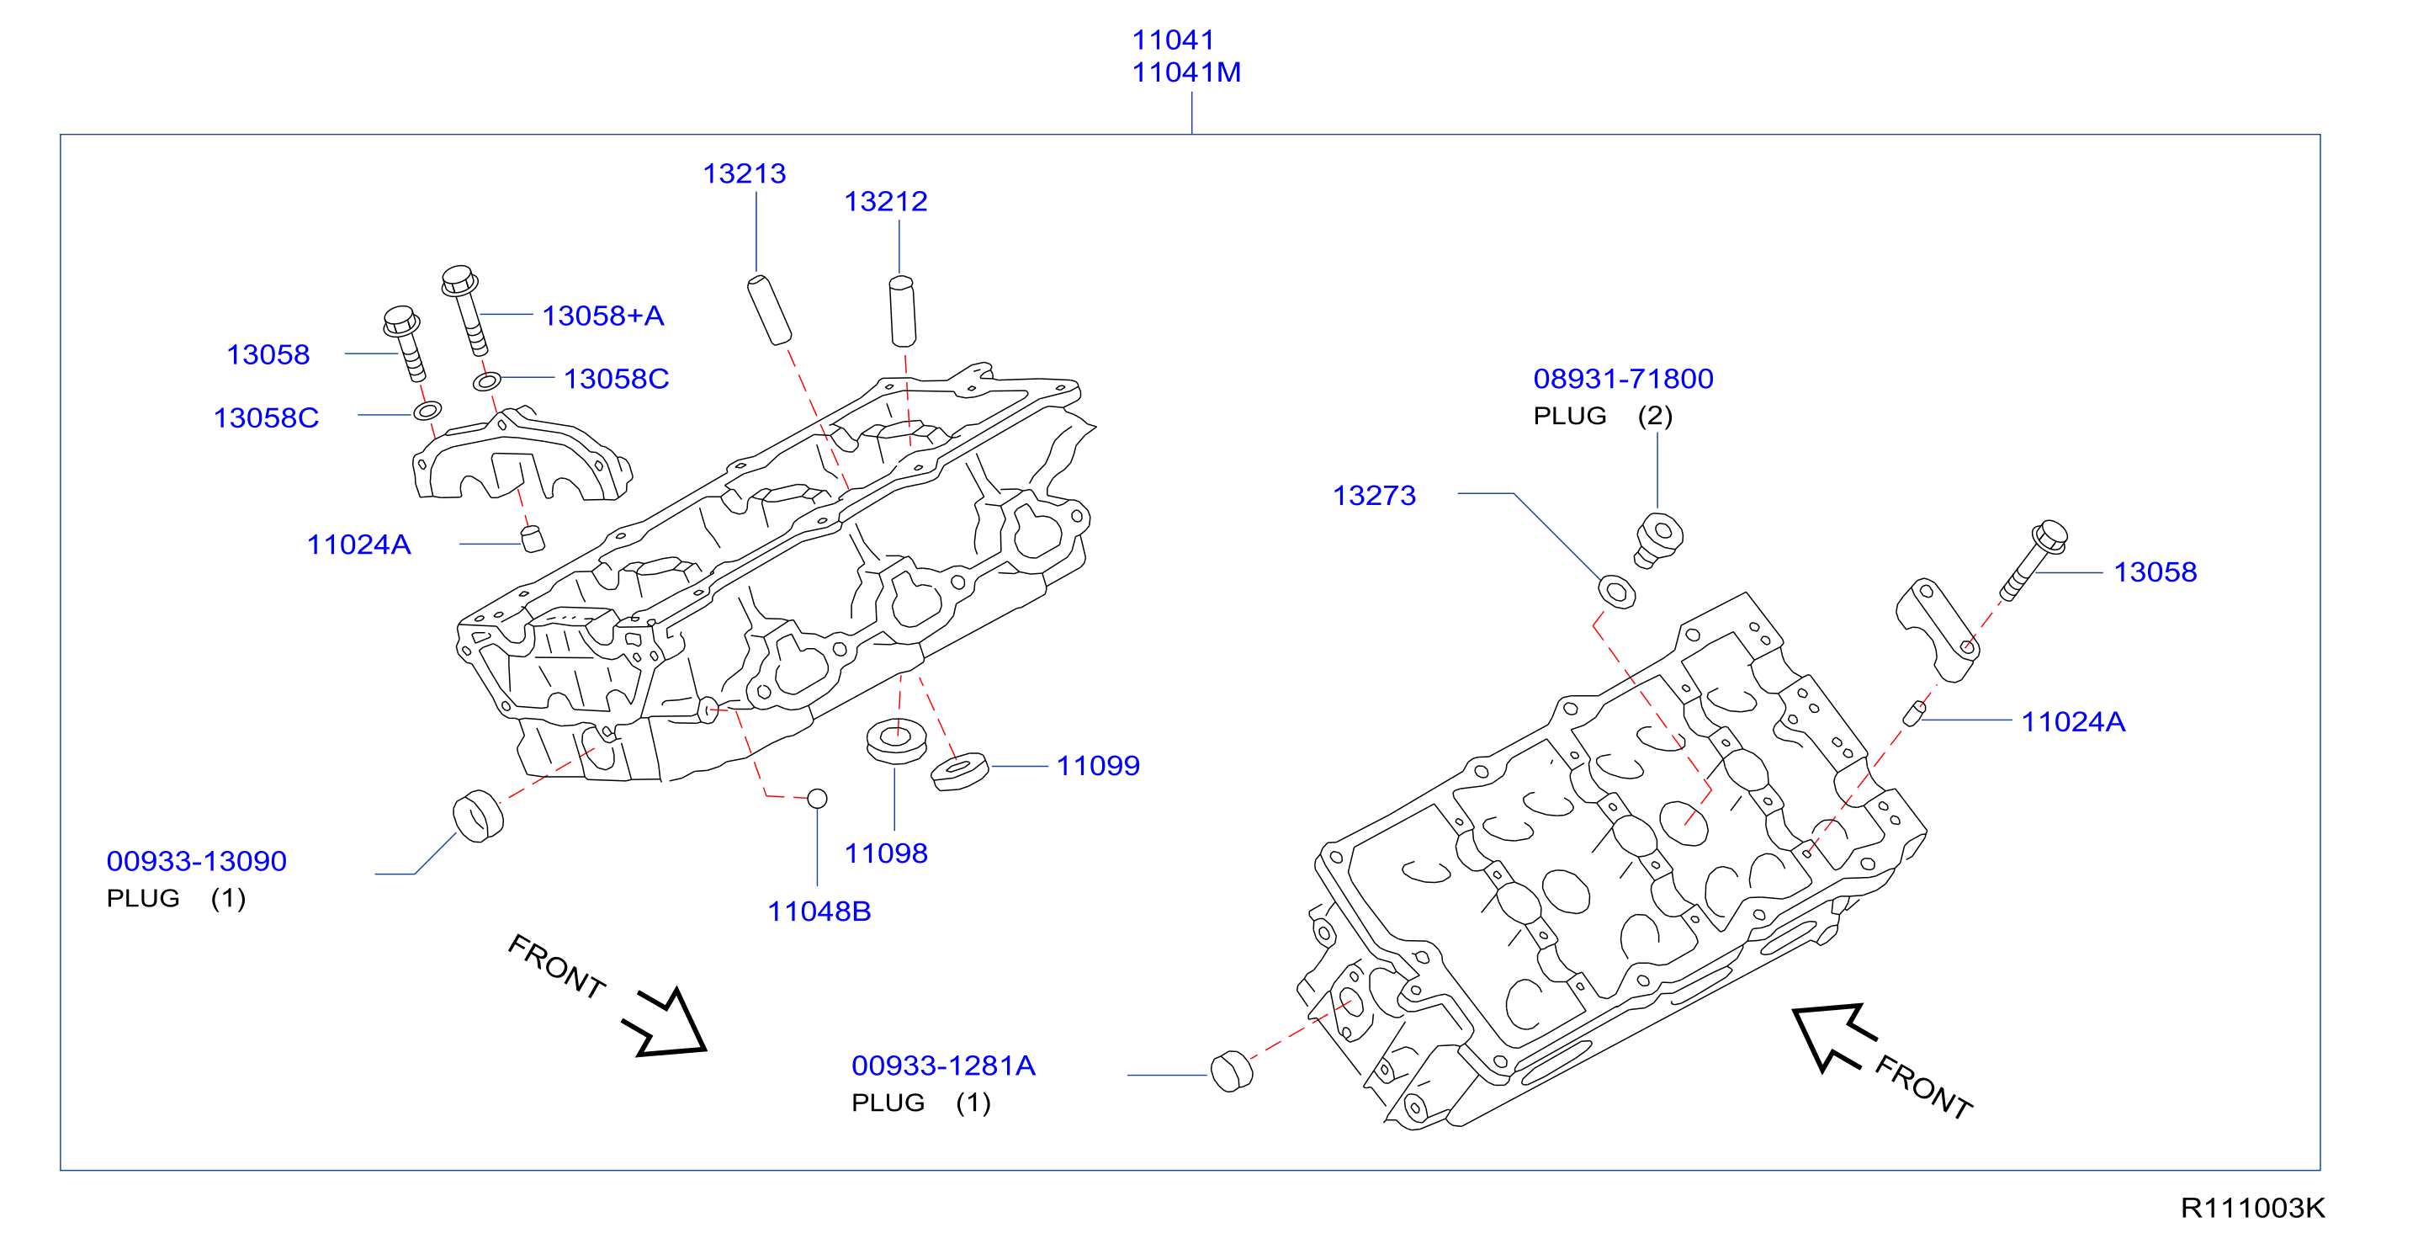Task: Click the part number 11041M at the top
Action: [1185, 72]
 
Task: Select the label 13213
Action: [745, 173]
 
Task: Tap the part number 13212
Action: [885, 201]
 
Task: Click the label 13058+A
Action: [602, 316]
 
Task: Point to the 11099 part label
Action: [1098, 765]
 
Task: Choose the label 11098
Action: [885, 853]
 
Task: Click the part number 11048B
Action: [819, 911]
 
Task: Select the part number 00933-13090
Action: [196, 861]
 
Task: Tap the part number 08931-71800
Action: [1623, 379]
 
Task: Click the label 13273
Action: [1374, 496]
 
